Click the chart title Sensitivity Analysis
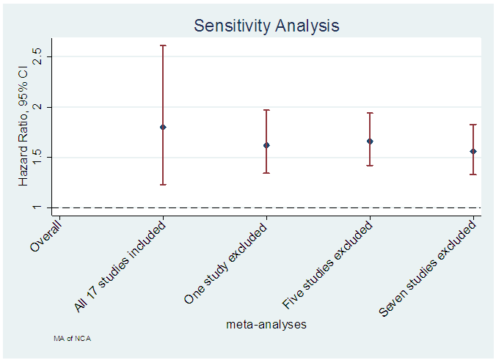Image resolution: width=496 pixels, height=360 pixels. coord(266,25)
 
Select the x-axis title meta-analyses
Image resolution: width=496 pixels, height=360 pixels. coord(266,323)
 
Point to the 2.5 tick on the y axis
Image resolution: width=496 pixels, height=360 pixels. coord(37,56)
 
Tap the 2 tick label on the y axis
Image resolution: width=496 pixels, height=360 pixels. coord(37,107)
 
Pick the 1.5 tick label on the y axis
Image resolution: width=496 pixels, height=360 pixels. coord(37,157)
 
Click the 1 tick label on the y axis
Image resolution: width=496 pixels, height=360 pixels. coord(37,207)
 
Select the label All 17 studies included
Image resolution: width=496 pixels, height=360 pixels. coord(121,266)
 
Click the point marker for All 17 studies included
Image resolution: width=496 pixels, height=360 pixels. coord(163,127)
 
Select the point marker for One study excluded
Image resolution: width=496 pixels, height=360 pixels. coord(266,145)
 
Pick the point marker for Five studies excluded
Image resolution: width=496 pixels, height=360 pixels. coord(370,141)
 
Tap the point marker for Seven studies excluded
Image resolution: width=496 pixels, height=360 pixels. coord(473,151)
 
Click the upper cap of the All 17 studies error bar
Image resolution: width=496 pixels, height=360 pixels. coord(163,45)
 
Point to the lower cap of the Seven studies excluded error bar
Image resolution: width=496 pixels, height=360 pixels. coord(473,175)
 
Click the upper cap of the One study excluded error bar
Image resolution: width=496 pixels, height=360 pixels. coord(266,110)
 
